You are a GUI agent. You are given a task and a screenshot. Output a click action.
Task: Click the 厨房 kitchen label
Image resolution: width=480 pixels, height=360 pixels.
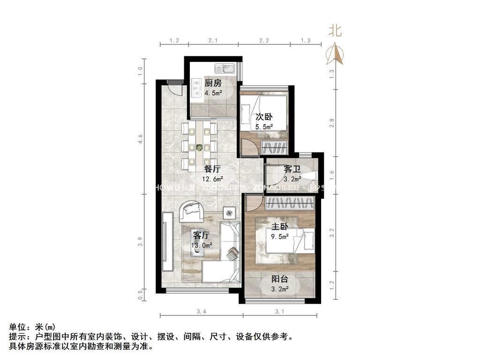(x=213, y=83)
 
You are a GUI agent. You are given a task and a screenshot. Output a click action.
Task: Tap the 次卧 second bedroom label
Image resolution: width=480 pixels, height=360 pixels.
(x=264, y=117)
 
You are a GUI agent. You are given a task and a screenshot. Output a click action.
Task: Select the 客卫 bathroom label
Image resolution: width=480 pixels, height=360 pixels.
(x=292, y=169)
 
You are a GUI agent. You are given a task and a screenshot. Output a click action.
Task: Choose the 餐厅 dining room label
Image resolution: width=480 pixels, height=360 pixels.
(x=212, y=169)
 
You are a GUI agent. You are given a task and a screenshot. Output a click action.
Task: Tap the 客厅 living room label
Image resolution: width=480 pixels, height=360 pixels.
(x=201, y=235)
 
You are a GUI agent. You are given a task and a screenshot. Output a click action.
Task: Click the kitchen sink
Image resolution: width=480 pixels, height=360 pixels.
(x=228, y=69)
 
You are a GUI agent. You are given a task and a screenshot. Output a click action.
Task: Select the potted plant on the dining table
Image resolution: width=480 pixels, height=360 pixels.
(x=200, y=148)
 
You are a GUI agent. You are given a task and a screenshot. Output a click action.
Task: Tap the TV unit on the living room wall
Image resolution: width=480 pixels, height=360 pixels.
(x=165, y=237)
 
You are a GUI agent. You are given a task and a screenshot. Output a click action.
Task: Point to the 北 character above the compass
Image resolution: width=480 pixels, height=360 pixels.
(x=335, y=31)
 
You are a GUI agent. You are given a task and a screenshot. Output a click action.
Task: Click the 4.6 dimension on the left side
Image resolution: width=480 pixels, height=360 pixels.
(x=140, y=139)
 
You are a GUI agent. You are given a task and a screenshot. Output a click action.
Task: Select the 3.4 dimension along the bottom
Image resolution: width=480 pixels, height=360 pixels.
(x=201, y=312)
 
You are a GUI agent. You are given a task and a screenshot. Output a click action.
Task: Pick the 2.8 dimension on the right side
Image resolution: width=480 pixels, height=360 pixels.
(x=331, y=123)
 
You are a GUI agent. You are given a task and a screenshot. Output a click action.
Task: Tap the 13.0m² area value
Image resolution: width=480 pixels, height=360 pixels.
(x=202, y=245)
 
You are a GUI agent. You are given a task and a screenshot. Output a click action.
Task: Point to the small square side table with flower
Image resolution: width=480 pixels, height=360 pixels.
(x=229, y=213)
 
